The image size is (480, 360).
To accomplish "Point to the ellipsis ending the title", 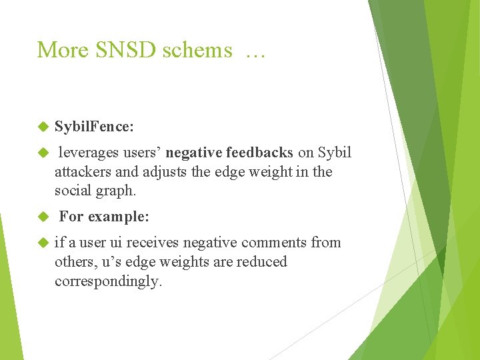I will tap(255, 52).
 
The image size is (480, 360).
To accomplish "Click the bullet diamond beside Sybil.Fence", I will tap(43, 126).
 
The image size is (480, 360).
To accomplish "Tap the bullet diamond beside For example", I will tap(43, 217).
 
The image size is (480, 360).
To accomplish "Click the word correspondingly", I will tap(108, 281).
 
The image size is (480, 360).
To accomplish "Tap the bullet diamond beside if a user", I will tap(43, 243).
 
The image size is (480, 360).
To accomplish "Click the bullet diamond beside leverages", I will tap(43, 153).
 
